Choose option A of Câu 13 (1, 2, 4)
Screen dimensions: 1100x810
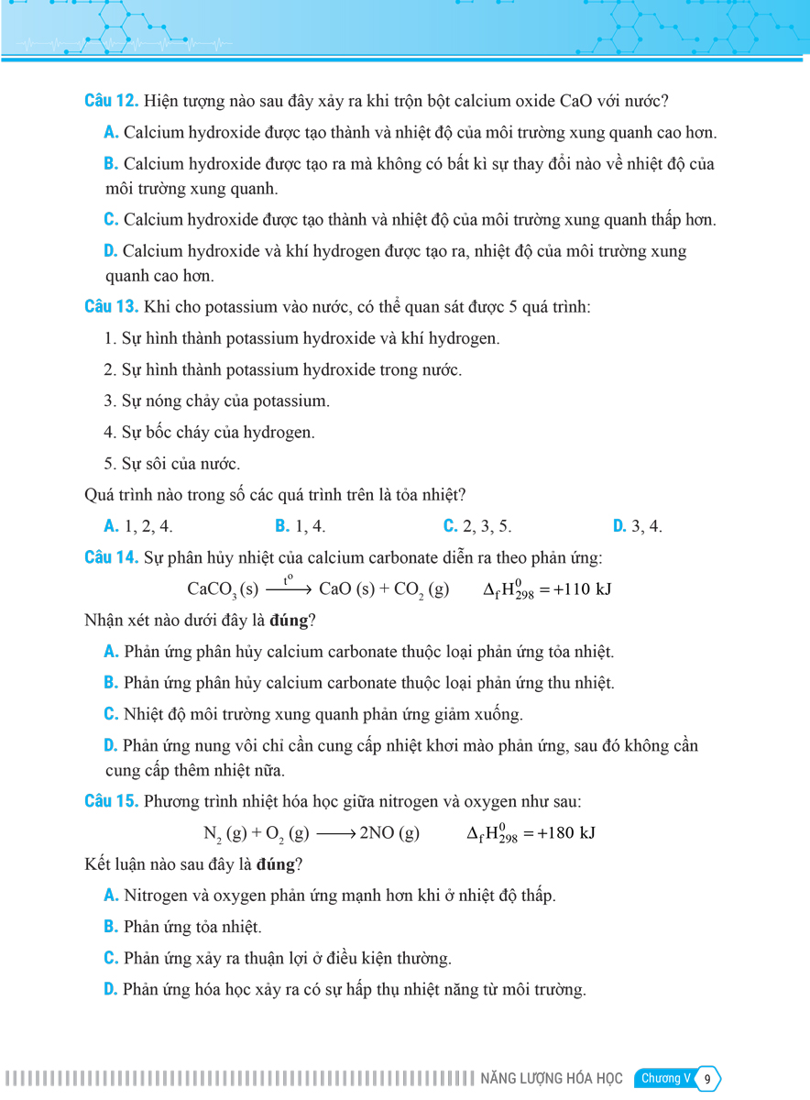pyautogui.click(x=138, y=526)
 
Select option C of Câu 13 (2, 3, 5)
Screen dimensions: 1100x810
pyautogui.click(x=477, y=526)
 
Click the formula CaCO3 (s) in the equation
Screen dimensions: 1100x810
pyautogui.click(x=223, y=589)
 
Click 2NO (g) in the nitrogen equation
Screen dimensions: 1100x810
pyautogui.click(x=389, y=834)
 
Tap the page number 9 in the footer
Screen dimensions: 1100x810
pyautogui.click(x=707, y=1079)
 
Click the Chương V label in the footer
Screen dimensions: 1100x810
pyautogui.click(x=665, y=1079)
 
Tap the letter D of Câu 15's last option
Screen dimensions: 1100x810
pyautogui.click(x=111, y=990)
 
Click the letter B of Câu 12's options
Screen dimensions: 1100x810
pyautogui.click(x=111, y=164)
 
